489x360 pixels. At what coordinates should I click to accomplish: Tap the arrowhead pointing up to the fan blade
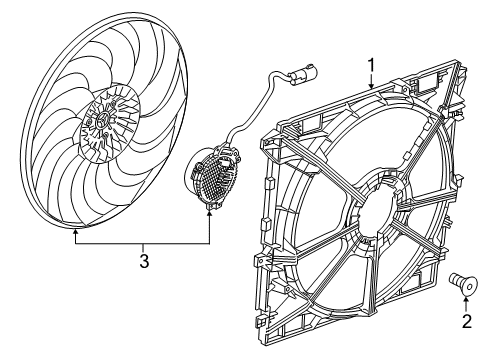click(x=76, y=233)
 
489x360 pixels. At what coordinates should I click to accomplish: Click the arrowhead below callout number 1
click(x=370, y=89)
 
